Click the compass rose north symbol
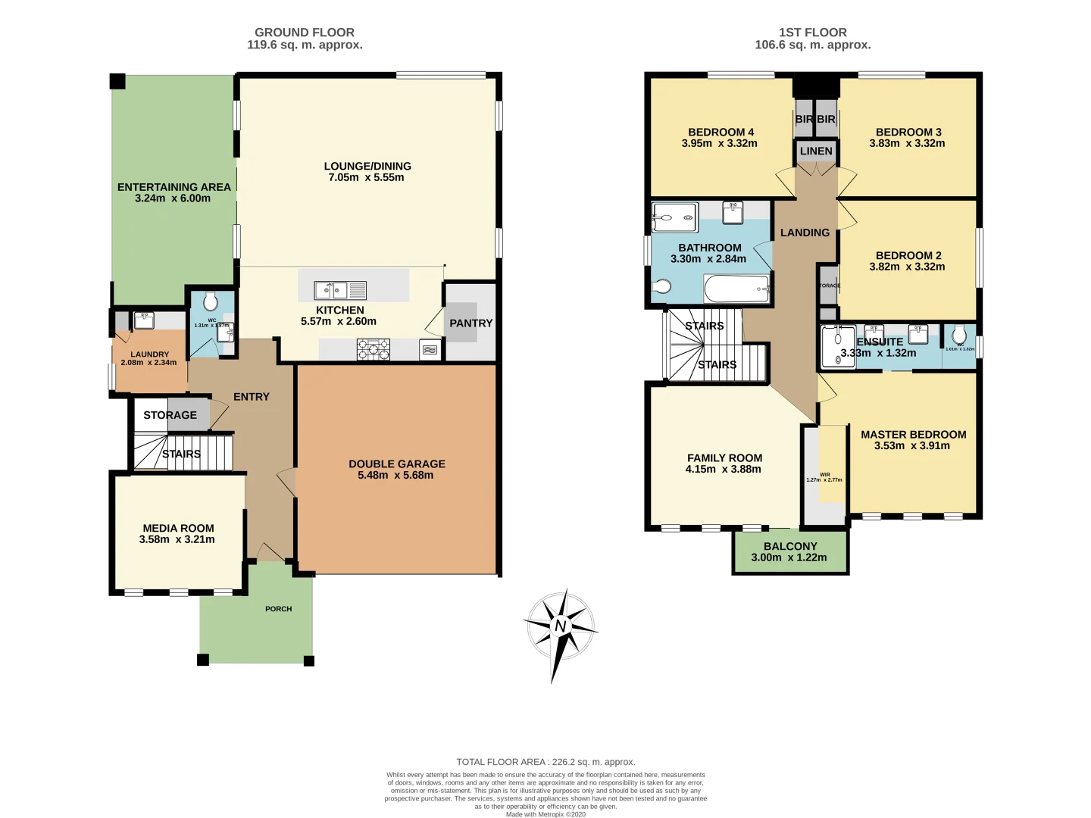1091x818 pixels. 560,626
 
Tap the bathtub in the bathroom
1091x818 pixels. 737,289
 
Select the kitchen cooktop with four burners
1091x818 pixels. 374,349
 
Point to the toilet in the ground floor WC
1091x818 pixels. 211,302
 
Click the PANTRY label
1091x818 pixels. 470,323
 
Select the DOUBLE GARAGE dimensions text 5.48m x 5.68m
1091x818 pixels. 395,476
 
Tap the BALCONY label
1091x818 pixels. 790,546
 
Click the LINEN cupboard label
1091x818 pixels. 816,151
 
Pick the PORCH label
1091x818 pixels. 278,609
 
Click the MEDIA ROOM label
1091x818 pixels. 178,529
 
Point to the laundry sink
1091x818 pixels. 143,320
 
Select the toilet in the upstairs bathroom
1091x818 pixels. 661,286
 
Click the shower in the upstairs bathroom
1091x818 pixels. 674,217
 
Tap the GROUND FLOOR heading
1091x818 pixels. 305,33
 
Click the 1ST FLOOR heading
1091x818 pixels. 812,33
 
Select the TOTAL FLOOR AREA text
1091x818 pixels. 545,762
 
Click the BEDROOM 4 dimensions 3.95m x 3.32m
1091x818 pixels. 719,143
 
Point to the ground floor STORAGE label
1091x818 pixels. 170,415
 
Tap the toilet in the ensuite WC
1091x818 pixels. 959,334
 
